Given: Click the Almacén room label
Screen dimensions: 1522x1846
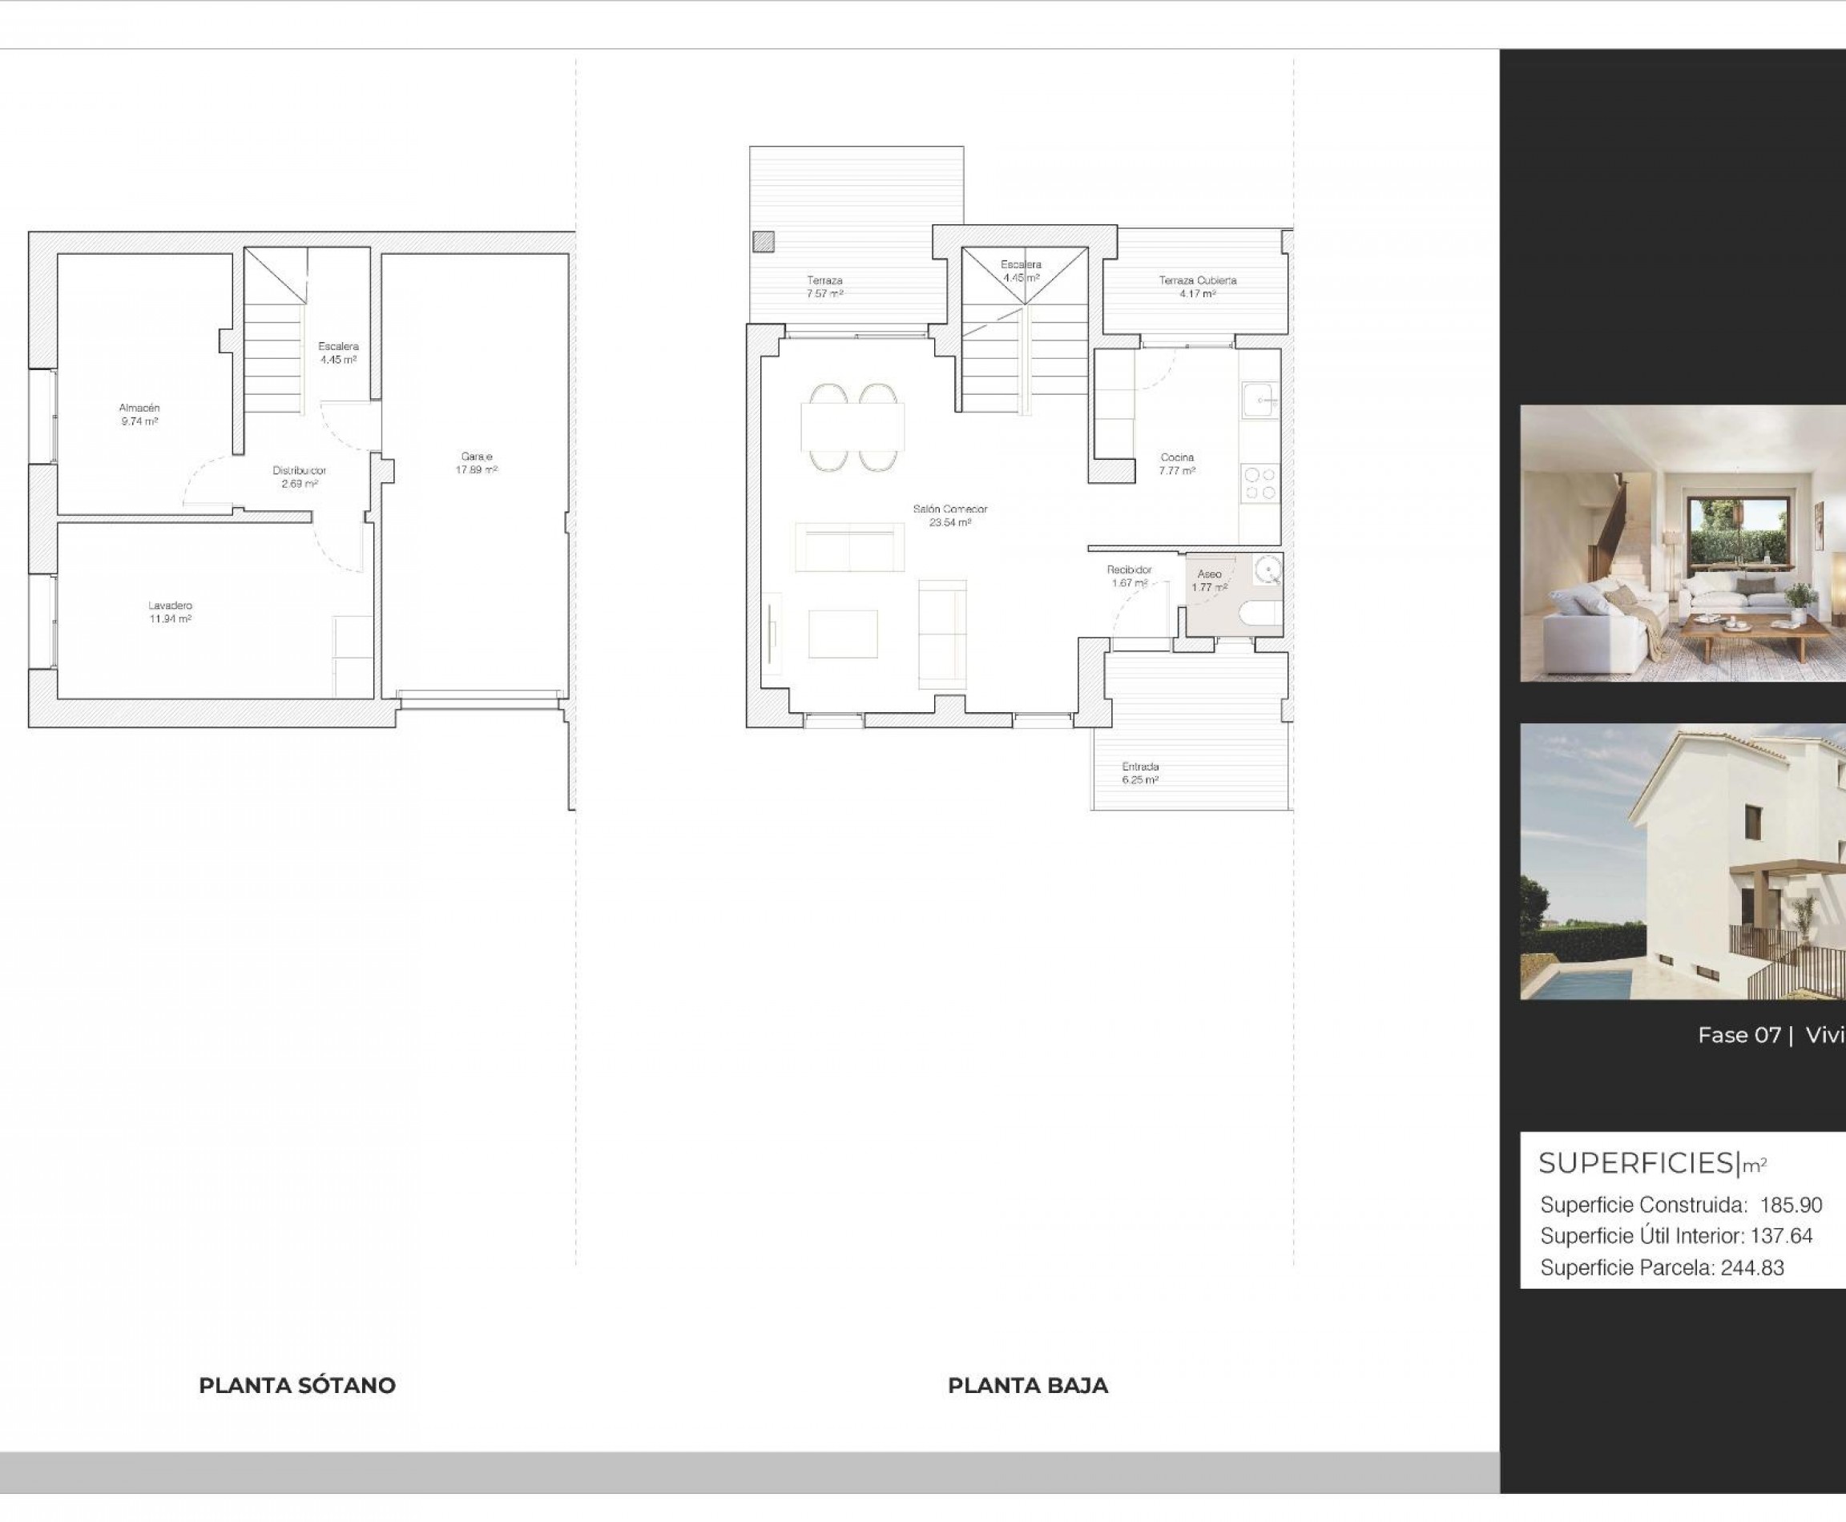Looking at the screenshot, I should (x=139, y=409).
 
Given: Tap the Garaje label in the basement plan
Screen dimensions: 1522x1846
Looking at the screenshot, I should (x=476, y=457).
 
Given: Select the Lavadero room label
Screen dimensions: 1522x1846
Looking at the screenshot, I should (x=170, y=606).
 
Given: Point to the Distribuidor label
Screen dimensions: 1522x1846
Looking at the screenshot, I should (x=299, y=471).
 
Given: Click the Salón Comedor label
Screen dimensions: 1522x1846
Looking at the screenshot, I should (x=949, y=509).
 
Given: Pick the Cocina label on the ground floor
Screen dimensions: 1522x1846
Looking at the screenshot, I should (x=1177, y=457).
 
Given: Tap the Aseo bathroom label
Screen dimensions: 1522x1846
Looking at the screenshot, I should (x=1209, y=574).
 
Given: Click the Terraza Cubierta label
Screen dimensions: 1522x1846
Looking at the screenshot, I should (x=1197, y=280).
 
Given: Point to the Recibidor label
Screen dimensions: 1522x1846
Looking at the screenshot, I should (x=1130, y=570).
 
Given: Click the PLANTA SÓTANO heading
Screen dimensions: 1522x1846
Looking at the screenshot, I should (x=297, y=1385).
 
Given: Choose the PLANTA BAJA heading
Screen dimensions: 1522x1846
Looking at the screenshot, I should (x=1028, y=1385).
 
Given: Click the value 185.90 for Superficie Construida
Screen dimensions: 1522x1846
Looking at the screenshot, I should (x=1791, y=1206).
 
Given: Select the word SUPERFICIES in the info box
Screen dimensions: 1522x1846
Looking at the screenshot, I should (x=1636, y=1163).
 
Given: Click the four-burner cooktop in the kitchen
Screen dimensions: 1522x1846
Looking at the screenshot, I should (x=1260, y=483).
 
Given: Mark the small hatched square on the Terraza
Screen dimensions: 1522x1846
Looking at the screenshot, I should (x=763, y=241).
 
